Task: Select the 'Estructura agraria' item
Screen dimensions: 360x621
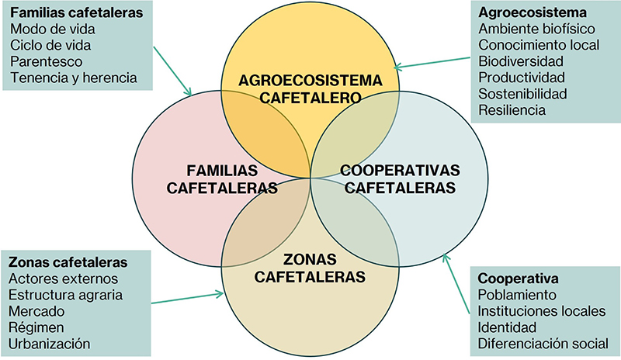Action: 66,294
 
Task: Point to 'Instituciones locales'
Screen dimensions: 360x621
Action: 541,311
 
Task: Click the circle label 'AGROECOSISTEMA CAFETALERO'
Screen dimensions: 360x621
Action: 311,88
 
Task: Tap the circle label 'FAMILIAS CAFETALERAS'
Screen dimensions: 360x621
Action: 222,178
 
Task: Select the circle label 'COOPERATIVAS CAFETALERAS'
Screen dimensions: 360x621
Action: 401,178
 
